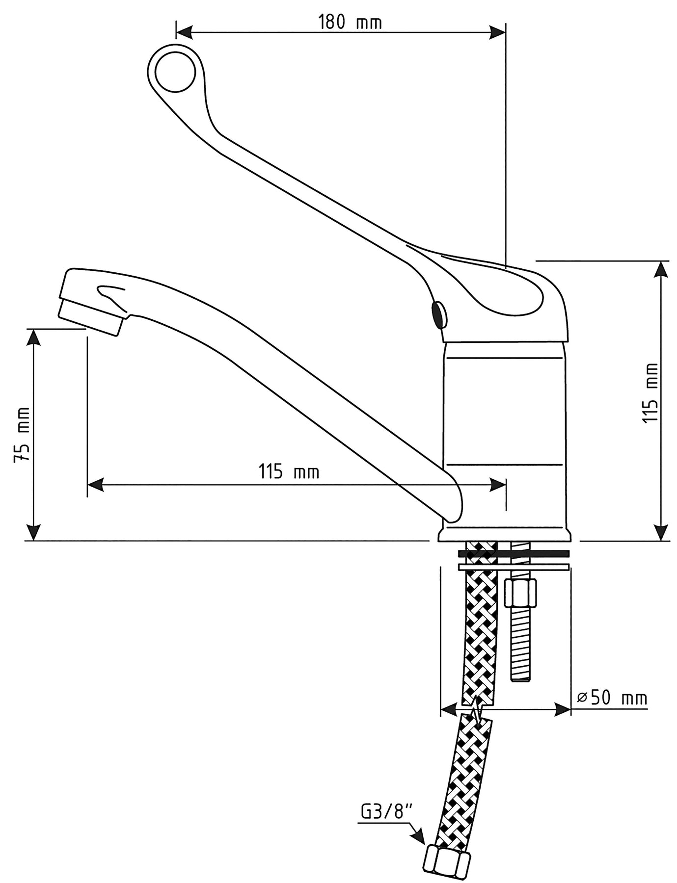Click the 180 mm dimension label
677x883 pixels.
(x=350, y=22)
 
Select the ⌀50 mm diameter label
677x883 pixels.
(x=612, y=697)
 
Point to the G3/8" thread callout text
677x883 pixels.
(x=385, y=812)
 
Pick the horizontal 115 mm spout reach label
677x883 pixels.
(x=289, y=472)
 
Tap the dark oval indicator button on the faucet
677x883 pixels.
(x=438, y=314)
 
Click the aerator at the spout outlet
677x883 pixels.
(x=89, y=317)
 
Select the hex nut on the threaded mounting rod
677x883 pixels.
(x=521, y=593)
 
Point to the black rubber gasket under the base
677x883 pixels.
(x=513, y=553)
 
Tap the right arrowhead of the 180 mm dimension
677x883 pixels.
(x=498, y=32)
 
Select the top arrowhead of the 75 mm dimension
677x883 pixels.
(x=33, y=338)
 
